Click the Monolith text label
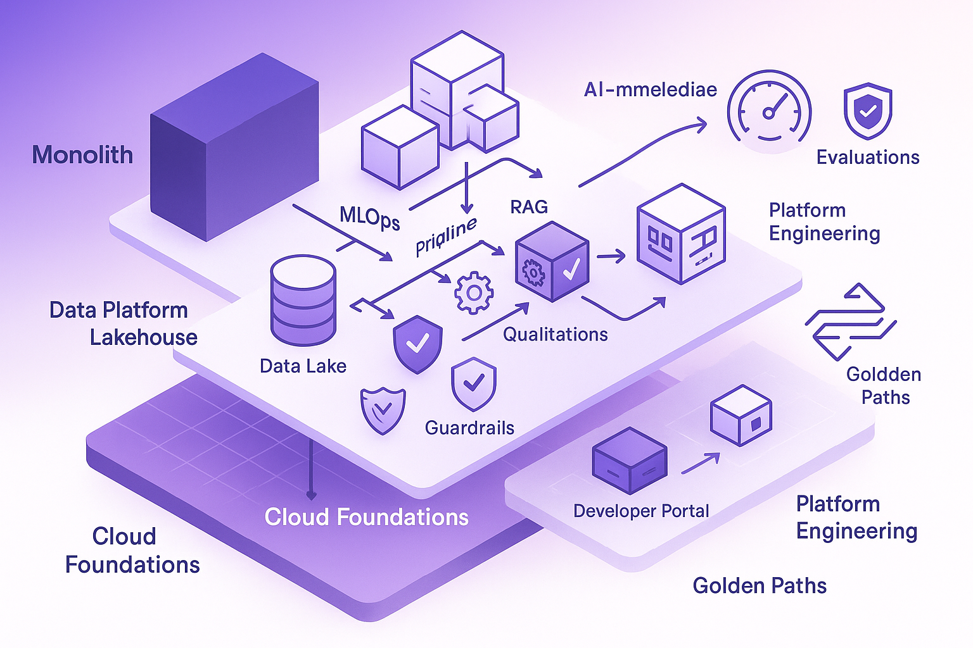(82, 155)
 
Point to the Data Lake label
(303, 366)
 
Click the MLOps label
(370, 218)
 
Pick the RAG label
(529, 207)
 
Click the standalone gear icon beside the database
(473, 292)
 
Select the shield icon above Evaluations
(868, 111)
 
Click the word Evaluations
(868, 157)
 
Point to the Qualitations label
(555, 334)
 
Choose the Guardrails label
(469, 428)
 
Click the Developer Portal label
(641, 511)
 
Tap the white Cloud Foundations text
(366, 517)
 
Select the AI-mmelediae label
(650, 90)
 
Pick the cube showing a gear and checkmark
(552, 261)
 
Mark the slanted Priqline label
(446, 236)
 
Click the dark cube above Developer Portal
(629, 460)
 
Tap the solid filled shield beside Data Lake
(417, 344)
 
